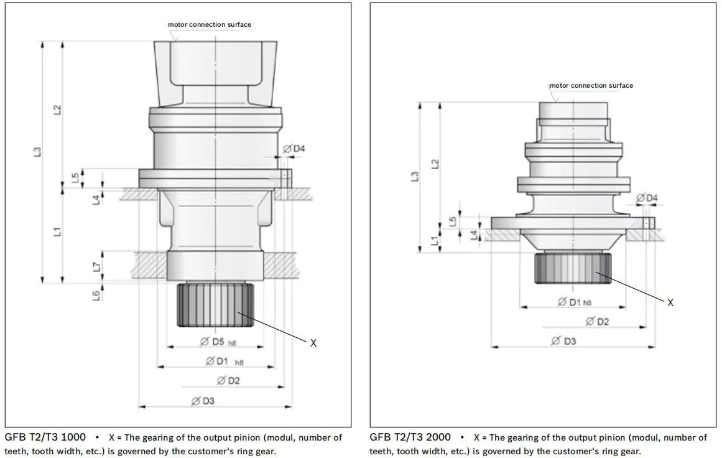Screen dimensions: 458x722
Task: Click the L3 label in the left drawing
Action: coord(37,152)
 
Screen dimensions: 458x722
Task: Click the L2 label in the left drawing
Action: coord(57,110)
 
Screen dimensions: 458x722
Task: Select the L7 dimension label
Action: coord(96,266)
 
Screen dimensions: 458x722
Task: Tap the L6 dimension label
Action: coord(96,296)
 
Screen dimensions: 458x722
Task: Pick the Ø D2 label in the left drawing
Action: coord(228,381)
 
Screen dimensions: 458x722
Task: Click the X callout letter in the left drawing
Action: coord(313,343)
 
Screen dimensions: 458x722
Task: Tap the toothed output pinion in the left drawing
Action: coord(215,305)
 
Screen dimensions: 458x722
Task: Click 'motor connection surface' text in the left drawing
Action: coord(210,24)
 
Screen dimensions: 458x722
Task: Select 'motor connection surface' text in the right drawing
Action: coord(591,85)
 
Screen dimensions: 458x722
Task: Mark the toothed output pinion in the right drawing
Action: coord(573,268)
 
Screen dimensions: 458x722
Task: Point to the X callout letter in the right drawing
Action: coord(670,302)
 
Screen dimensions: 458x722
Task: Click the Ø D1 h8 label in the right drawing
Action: coord(574,302)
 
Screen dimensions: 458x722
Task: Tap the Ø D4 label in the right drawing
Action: coord(647,198)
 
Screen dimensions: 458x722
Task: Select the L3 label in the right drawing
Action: coord(415,177)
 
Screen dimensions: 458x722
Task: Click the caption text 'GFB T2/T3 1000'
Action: coord(45,437)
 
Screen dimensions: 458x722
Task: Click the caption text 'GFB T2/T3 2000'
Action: coord(410,437)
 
